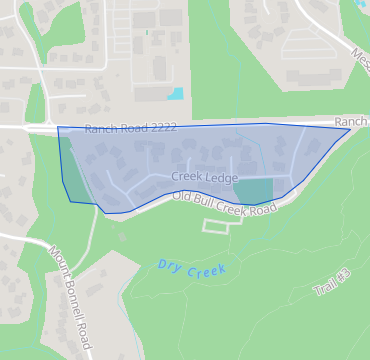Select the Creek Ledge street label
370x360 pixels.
(204, 177)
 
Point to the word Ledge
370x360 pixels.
(222, 177)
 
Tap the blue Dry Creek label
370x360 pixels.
(191, 268)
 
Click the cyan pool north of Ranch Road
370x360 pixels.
(176, 94)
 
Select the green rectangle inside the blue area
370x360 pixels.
(253, 190)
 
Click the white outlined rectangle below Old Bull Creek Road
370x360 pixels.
(223, 226)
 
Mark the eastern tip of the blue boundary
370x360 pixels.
(350, 128)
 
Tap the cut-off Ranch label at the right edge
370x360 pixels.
(352, 118)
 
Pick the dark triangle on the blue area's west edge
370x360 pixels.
(66, 166)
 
